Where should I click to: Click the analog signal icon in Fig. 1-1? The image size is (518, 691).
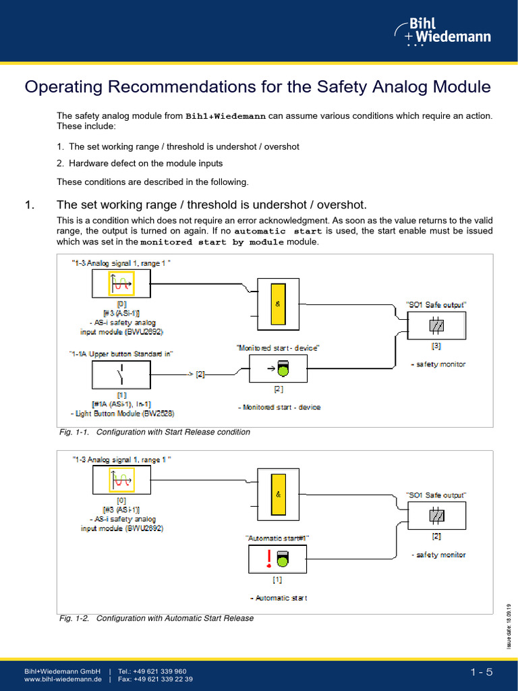point(121,284)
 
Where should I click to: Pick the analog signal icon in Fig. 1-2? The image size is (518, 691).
point(121,480)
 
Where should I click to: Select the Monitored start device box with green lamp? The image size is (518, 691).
point(279,368)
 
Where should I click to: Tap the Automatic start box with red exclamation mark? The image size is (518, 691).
point(278,558)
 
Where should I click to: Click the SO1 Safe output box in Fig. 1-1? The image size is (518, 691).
point(436,326)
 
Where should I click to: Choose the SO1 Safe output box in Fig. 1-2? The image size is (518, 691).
point(436,516)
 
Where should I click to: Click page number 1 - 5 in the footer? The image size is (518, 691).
point(482,671)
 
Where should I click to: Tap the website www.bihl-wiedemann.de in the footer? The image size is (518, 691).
point(63,680)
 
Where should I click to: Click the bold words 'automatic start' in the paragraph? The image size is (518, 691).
point(278,231)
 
